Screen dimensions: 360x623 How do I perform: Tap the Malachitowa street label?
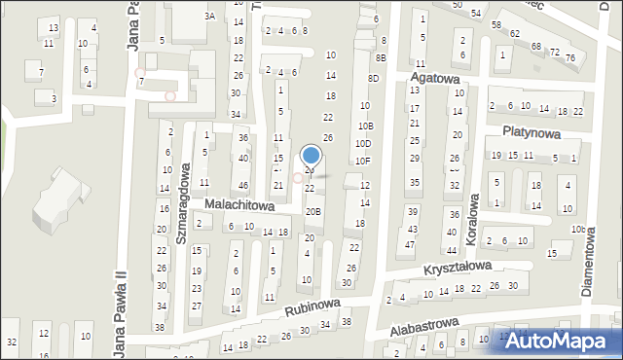239,206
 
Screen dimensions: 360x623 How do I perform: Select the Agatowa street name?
435,76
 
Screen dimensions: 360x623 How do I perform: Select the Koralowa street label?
474,214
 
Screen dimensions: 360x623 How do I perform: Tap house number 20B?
312,211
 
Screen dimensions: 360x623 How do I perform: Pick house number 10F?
362,161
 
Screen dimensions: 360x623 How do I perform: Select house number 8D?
373,78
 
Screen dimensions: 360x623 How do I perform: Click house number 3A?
209,17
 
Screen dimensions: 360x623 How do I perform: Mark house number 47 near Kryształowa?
409,244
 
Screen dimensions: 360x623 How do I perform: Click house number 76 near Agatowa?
570,57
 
